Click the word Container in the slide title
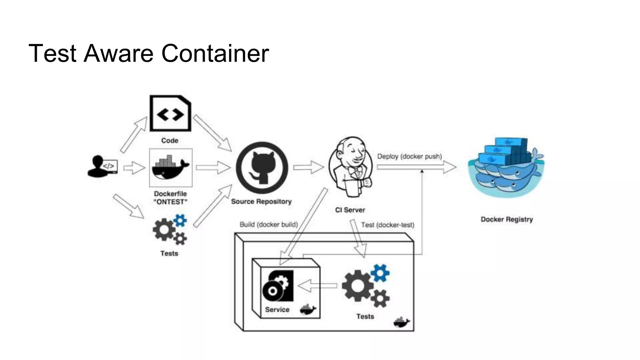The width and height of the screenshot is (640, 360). [x=215, y=53]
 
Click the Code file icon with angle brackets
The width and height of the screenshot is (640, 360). [x=170, y=113]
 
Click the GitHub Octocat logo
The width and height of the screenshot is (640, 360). [x=262, y=167]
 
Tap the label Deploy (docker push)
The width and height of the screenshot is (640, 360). [x=409, y=156]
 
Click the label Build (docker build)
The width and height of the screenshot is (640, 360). [x=268, y=224]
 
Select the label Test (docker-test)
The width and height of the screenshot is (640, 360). [x=387, y=225]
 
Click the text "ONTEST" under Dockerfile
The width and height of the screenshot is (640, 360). [x=170, y=202]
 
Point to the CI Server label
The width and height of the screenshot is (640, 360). [x=350, y=210]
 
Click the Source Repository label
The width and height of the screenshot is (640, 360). [x=261, y=202]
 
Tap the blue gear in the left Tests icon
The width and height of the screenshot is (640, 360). [x=180, y=220]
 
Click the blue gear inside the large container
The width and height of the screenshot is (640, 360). [x=380, y=273]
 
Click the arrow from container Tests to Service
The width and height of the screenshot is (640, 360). [x=317, y=286]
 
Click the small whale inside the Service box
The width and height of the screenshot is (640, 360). [x=308, y=309]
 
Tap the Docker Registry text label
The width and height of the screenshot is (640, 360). [x=507, y=219]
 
